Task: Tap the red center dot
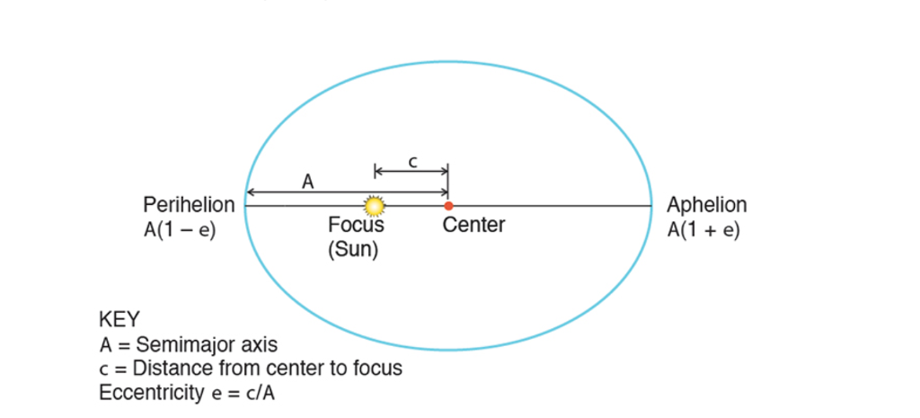pyautogui.click(x=448, y=206)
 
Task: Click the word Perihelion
pyautogui.click(x=189, y=205)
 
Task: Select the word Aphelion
pyautogui.click(x=706, y=205)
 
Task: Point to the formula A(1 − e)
pyautogui.click(x=180, y=229)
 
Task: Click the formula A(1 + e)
pyautogui.click(x=703, y=229)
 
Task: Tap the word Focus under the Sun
pyautogui.click(x=356, y=226)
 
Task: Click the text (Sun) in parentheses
pyautogui.click(x=353, y=249)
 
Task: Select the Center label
pyautogui.click(x=473, y=225)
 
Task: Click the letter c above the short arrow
pyautogui.click(x=412, y=161)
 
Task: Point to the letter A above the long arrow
pyautogui.click(x=307, y=182)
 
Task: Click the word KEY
pyautogui.click(x=119, y=320)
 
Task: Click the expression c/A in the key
pyautogui.click(x=255, y=393)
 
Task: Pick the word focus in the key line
pyautogui.click(x=378, y=369)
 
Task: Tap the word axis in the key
pyautogui.click(x=256, y=344)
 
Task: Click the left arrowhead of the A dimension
pyautogui.click(x=251, y=192)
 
